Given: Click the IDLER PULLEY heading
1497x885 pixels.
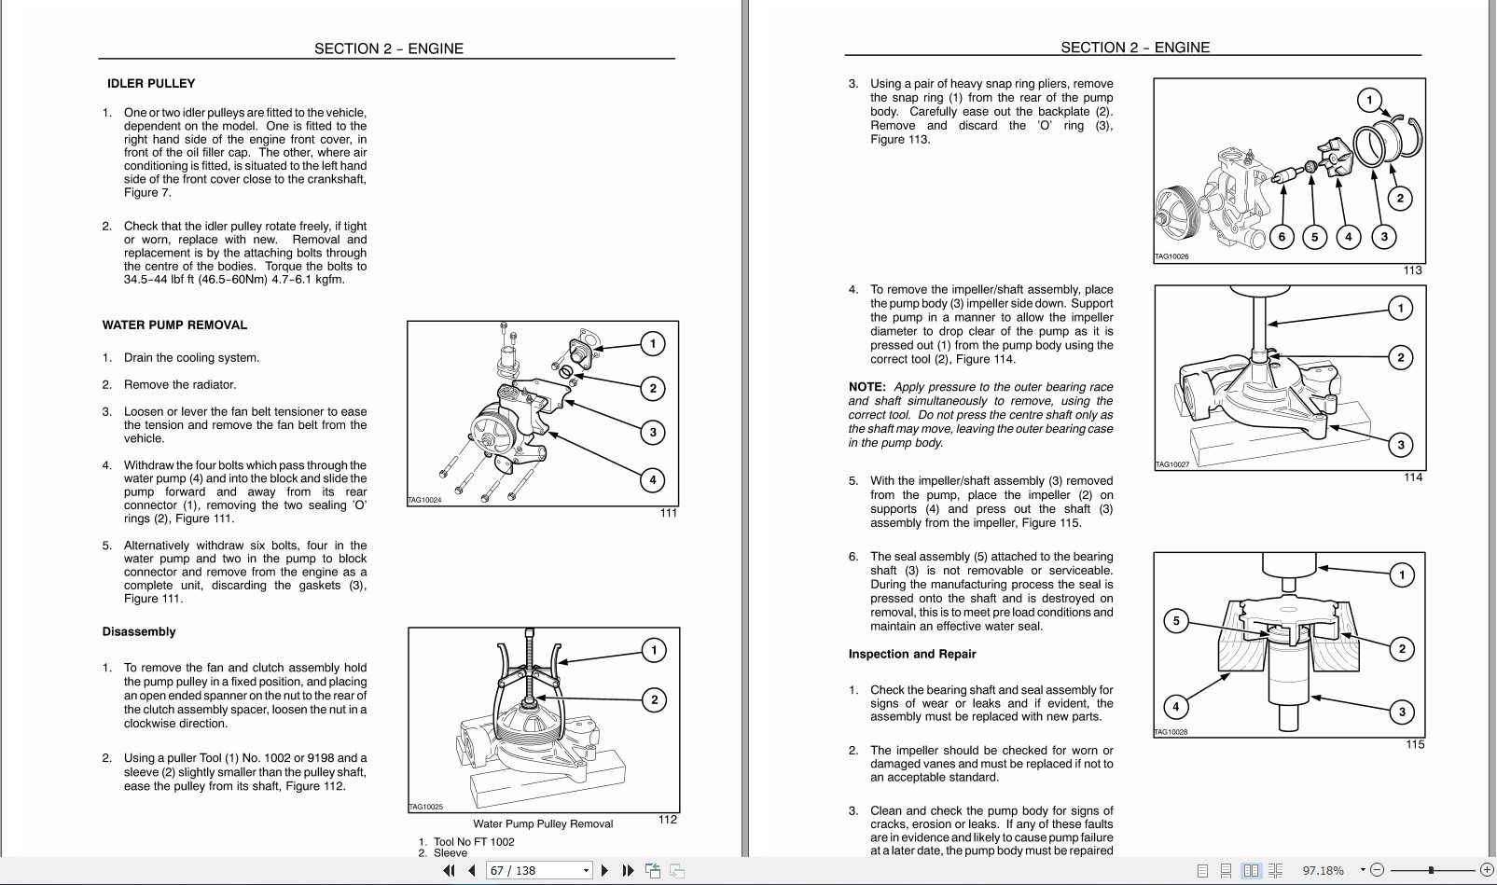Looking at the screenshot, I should (151, 83).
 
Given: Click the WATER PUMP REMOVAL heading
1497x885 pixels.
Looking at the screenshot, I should (174, 325).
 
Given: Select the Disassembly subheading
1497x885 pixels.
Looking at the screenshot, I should (139, 631).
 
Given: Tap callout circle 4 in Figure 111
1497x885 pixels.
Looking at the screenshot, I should (652, 479).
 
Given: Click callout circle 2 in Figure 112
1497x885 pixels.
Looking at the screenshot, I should (654, 699).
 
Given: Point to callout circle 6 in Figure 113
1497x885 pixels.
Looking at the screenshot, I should (1282, 237).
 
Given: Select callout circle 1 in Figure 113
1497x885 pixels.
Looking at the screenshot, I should (1368, 101).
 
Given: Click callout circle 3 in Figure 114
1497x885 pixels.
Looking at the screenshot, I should (1400, 445).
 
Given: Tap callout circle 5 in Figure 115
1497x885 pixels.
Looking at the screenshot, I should (1176, 621).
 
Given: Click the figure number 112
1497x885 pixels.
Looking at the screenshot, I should (667, 819).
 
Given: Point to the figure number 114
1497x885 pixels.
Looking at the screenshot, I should (1413, 477).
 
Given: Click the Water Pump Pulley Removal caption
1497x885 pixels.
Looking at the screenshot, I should (542, 823).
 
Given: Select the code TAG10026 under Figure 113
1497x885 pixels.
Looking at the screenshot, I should (1171, 256).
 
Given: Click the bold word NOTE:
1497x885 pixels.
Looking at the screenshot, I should (866, 386).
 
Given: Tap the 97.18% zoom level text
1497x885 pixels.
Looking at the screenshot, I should (1323, 870).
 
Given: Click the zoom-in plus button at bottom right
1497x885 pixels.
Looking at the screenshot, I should (1487, 870).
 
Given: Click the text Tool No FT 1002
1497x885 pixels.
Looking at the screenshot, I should (473, 841).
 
